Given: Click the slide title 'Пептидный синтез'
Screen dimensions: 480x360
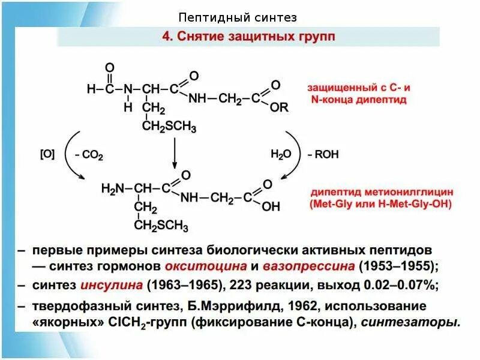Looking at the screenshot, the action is click(x=238, y=18).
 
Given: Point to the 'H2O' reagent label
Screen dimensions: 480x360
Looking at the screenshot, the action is click(x=280, y=154).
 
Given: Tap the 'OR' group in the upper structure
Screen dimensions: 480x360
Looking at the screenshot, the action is click(x=280, y=108).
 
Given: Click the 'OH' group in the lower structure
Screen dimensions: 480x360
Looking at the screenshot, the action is click(x=271, y=206).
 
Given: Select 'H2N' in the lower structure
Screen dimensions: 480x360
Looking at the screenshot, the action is click(x=113, y=189).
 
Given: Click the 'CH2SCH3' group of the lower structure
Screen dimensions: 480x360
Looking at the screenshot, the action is click(x=161, y=226).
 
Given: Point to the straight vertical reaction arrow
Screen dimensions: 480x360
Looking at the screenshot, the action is click(x=175, y=153).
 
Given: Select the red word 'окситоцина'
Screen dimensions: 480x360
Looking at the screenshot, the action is click(x=212, y=265).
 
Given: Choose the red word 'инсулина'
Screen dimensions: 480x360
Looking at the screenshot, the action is click(x=113, y=284).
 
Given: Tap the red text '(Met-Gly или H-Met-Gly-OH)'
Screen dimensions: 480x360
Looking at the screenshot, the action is click(x=380, y=205).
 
